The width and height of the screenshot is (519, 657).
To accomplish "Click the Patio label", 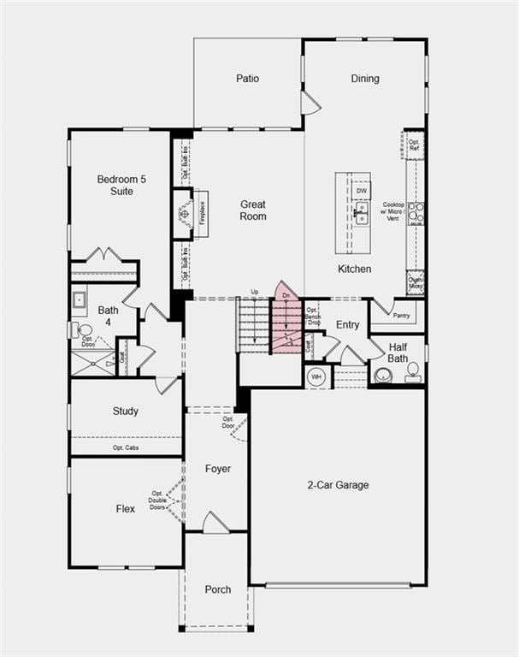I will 248,79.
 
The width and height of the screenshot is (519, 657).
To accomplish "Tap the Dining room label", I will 365,79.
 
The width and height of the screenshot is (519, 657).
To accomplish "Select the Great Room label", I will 253,210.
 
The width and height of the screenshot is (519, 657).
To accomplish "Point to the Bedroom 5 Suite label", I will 115,185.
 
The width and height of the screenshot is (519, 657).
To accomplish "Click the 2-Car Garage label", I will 339,485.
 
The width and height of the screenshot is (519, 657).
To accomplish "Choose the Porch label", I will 217,589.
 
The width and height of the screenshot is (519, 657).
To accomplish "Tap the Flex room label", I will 126,509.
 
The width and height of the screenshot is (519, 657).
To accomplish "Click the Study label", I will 126,411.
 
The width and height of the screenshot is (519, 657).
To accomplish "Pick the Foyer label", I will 218,469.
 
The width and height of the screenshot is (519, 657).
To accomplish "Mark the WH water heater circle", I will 316,376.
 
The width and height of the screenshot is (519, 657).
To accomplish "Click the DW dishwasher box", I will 362,191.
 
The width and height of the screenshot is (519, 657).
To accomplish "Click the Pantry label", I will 401,316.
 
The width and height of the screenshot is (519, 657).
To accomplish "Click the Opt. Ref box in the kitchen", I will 414,145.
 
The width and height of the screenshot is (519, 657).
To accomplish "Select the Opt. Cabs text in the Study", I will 126,447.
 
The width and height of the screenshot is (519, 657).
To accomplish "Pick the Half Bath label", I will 399,352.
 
